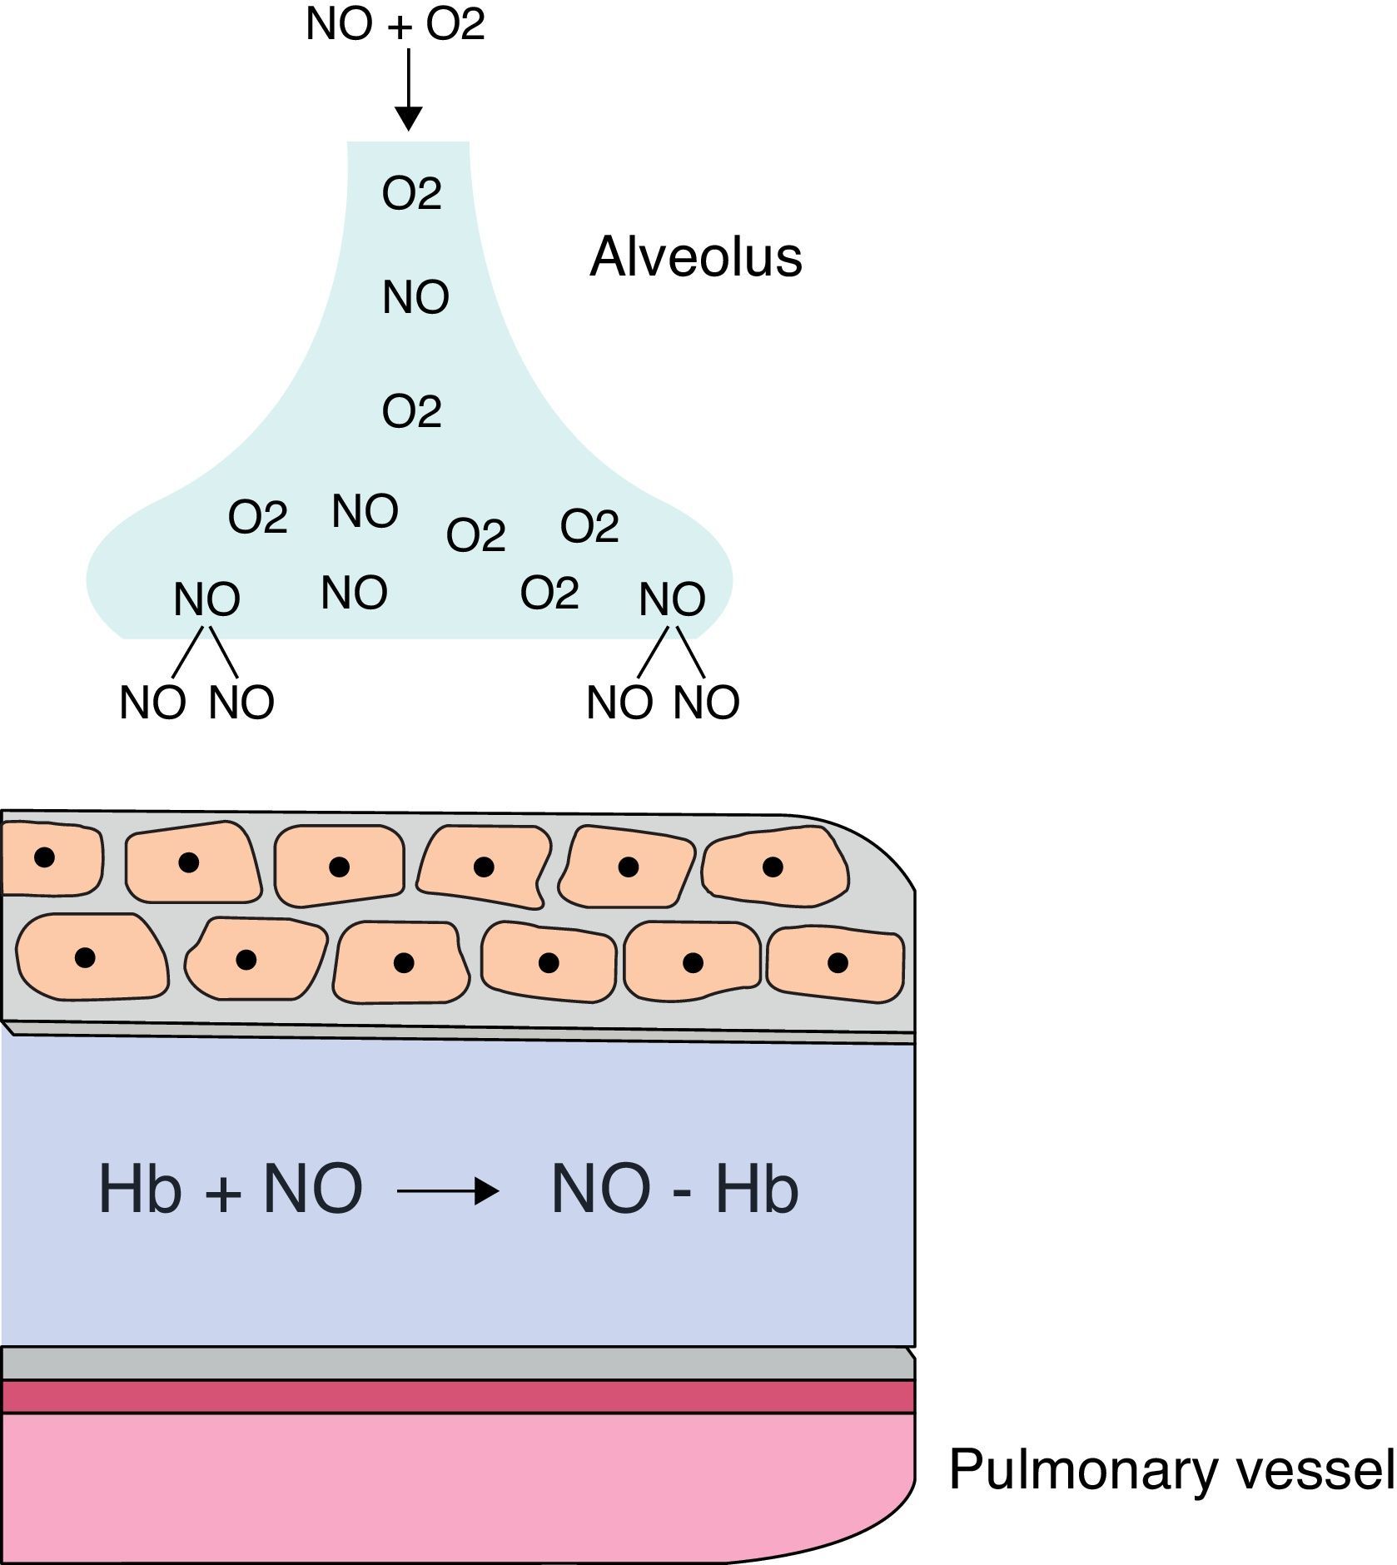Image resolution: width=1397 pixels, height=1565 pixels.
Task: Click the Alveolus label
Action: coord(695,256)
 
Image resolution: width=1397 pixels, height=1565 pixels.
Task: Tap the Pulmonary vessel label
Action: coord(1171,1470)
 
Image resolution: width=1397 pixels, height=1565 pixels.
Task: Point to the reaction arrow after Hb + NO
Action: coord(448,1191)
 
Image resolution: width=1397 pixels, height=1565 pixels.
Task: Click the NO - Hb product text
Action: coord(674,1190)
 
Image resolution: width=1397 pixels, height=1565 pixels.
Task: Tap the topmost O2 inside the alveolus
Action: coord(411,194)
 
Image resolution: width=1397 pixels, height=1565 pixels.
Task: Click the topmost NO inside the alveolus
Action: coord(415,297)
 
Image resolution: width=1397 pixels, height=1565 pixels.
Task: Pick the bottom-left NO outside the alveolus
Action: coord(152,703)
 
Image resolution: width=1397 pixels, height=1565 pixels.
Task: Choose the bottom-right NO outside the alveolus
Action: coord(706,703)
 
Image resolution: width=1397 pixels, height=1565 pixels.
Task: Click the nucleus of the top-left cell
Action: coord(44,857)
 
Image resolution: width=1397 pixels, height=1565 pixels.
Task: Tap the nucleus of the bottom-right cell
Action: coord(838,963)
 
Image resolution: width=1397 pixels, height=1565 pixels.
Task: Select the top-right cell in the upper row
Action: coord(775,867)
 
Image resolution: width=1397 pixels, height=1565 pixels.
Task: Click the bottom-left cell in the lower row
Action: coord(90,957)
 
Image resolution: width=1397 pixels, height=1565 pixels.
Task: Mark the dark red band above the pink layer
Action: coord(458,1396)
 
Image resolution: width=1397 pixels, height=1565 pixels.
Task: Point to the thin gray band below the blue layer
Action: coord(458,1364)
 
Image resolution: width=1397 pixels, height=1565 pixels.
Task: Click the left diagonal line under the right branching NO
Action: coord(653,652)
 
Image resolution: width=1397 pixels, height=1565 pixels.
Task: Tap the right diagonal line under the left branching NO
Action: coord(223,652)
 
